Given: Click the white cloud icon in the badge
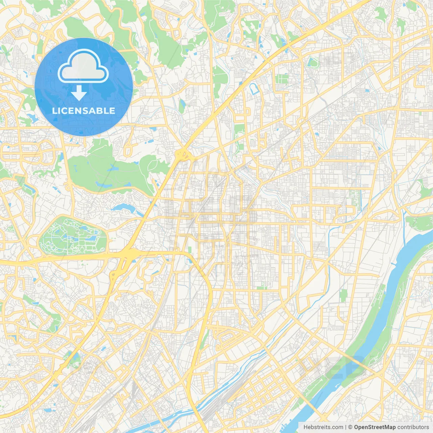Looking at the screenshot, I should click(x=83, y=67).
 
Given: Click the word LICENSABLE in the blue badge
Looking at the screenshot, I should click(x=84, y=111).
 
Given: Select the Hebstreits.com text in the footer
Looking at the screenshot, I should click(x=323, y=427).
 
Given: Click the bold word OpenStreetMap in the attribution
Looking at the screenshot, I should click(x=374, y=427).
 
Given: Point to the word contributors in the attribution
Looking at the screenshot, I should click(x=413, y=427).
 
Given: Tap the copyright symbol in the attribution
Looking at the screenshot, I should click(x=350, y=427).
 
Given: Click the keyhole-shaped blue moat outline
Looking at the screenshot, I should click(x=254, y=89).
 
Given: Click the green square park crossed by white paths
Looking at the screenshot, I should click(x=281, y=79).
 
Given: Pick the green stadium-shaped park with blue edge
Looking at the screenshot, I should click(x=313, y=63).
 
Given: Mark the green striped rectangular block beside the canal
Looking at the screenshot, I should click(x=355, y=198).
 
